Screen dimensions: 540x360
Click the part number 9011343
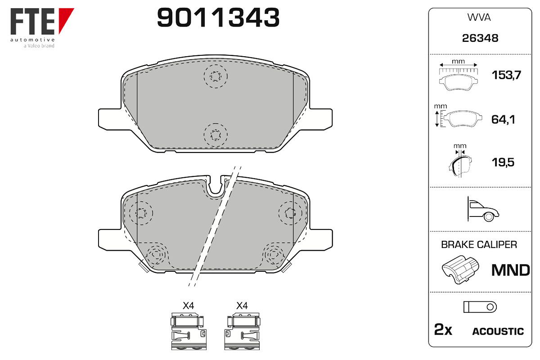(218, 18)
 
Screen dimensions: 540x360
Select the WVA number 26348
(480, 38)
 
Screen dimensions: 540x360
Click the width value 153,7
(506, 75)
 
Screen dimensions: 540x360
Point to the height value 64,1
(503, 120)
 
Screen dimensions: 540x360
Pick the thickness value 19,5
(503, 162)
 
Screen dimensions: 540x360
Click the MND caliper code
(511, 270)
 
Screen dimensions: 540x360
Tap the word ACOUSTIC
(498, 331)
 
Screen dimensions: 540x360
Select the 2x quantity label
(443, 329)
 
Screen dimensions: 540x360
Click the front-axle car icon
(483, 209)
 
